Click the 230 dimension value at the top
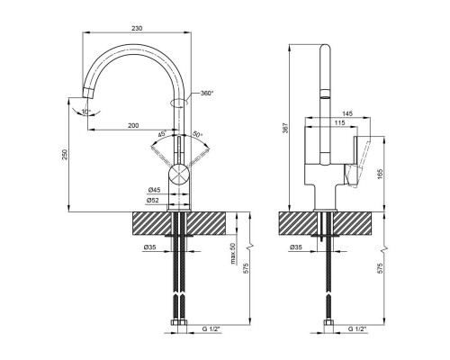(x=137, y=29)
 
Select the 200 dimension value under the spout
(x=133, y=125)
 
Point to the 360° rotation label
(x=207, y=93)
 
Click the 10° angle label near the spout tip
(x=86, y=112)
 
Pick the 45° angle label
(x=162, y=133)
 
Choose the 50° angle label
(x=198, y=134)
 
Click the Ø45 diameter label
(x=154, y=190)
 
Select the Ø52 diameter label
(x=153, y=201)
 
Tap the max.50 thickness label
(x=233, y=254)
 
